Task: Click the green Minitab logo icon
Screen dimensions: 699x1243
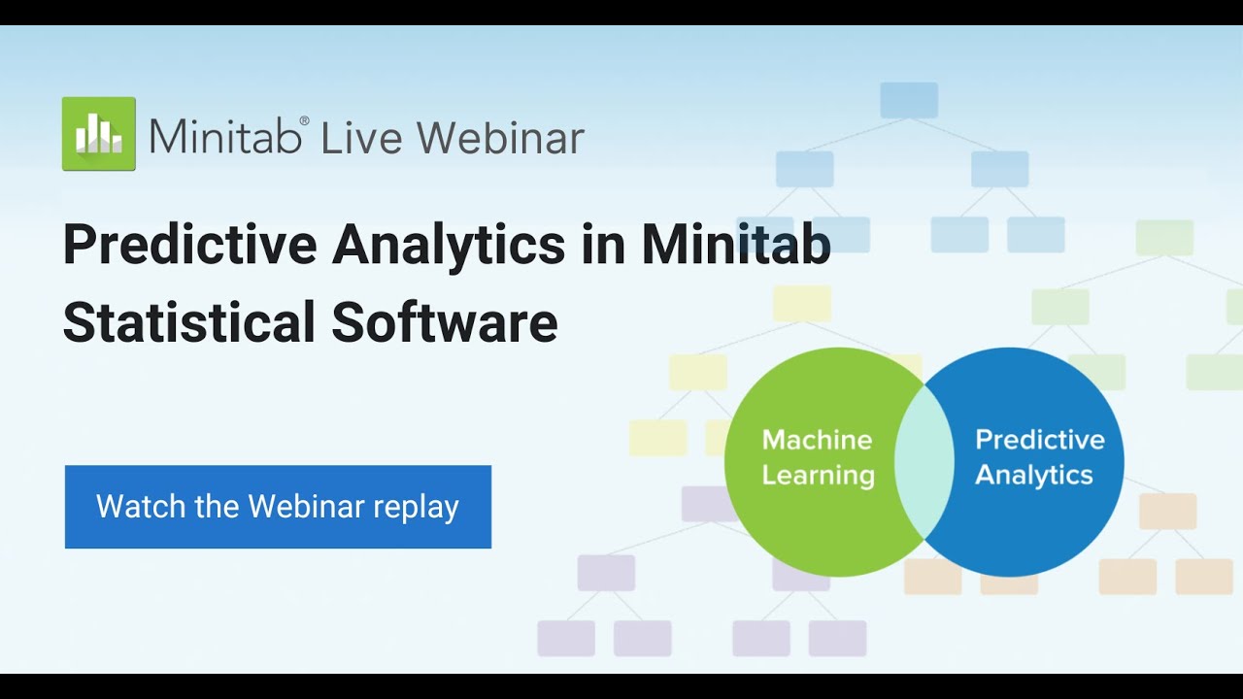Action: pos(99,134)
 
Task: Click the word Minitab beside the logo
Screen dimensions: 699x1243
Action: pos(222,138)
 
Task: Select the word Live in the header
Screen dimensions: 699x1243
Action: pos(361,138)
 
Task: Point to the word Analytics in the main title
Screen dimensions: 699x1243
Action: pos(449,246)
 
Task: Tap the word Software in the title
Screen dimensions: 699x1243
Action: pos(445,322)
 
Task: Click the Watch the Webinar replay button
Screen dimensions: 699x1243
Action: pos(278,507)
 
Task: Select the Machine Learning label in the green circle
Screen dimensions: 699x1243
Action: pos(818,457)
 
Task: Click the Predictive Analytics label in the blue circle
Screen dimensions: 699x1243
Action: pos(1038,457)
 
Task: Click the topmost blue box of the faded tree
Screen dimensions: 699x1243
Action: pos(909,101)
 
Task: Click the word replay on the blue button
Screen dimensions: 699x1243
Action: pos(417,508)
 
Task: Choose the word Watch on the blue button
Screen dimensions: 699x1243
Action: pos(130,507)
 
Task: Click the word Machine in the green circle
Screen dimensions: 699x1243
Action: pos(817,440)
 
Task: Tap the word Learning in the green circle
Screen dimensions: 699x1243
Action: pos(818,476)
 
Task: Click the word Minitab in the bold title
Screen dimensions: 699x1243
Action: pos(736,246)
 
